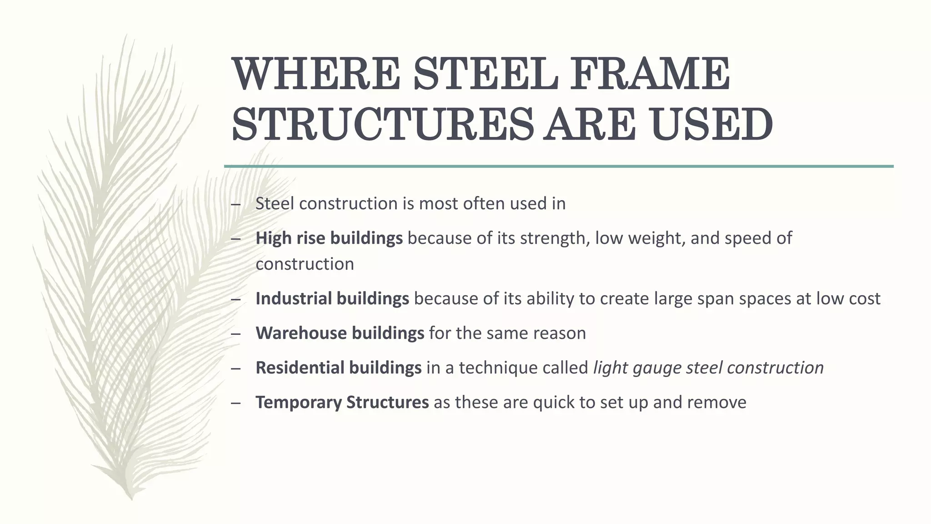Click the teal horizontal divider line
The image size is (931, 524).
558,166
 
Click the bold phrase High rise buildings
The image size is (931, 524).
329,238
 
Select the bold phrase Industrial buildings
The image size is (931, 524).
332,299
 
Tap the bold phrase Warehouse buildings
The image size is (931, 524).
340,333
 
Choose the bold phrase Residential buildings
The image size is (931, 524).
338,368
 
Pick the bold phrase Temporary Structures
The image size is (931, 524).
342,403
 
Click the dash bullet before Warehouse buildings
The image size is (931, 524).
235,334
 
